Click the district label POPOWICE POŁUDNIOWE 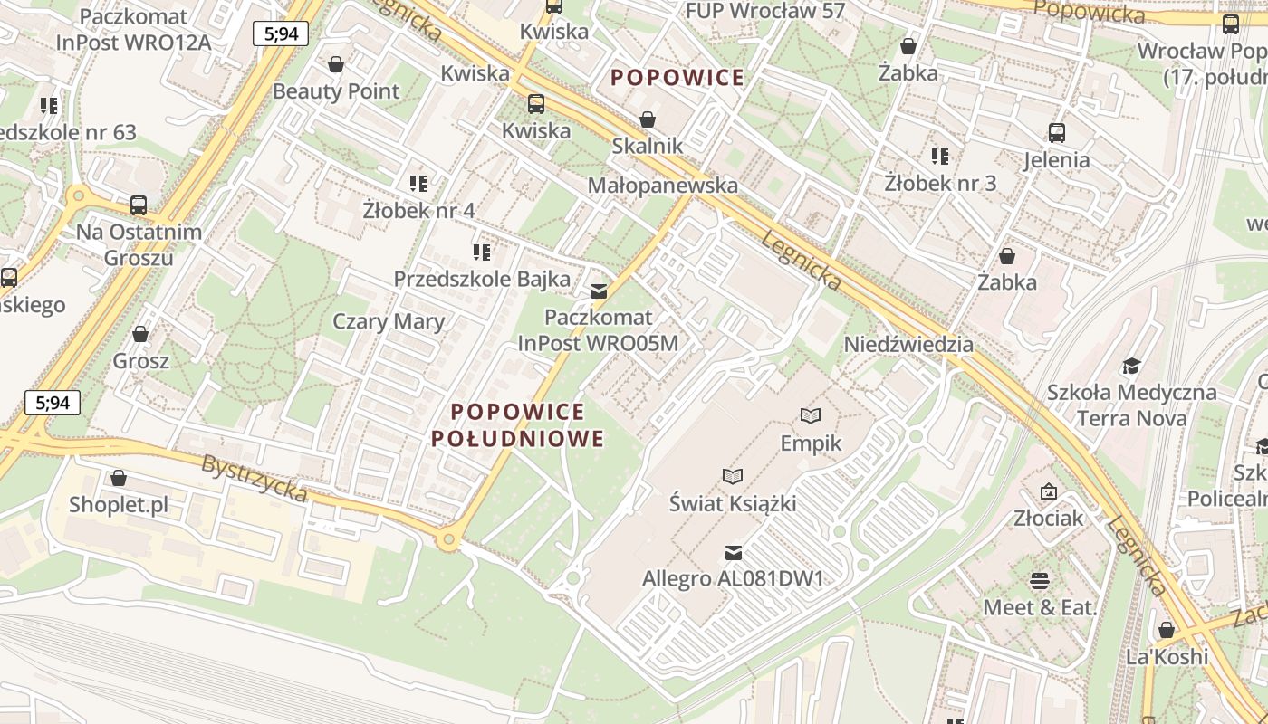click(518, 425)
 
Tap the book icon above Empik click(811, 415)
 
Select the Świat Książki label click(732, 502)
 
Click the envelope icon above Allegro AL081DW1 click(734, 552)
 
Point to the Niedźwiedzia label click(908, 345)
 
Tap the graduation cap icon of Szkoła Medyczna click(1131, 366)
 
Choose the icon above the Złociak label click(1049, 491)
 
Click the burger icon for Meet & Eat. click(1040, 580)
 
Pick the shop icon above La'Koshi click(1167, 630)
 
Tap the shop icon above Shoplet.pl click(119, 478)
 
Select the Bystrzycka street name click(255, 478)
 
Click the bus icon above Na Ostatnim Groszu click(139, 205)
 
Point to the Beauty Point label click(336, 91)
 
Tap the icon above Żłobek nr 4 click(418, 184)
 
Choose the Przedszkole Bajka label click(482, 279)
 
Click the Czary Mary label click(389, 321)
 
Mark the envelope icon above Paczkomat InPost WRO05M click(598, 291)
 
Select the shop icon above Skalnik click(648, 119)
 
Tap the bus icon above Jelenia click(1056, 133)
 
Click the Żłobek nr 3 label click(940, 183)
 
